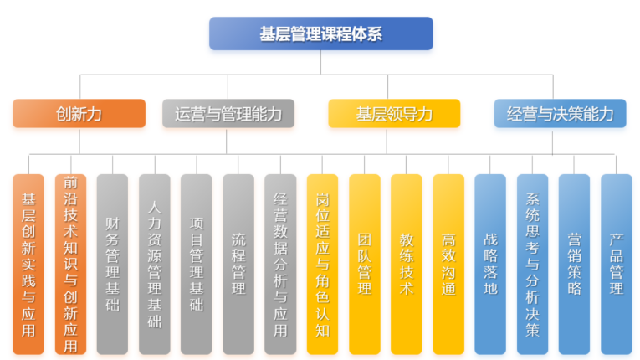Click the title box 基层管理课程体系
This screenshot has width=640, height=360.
(x=320, y=33)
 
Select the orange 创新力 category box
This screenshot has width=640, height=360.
(x=79, y=114)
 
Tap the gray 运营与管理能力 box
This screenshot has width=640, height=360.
(x=228, y=114)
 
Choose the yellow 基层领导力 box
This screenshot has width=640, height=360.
(x=394, y=114)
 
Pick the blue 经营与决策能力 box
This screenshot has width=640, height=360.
(x=560, y=114)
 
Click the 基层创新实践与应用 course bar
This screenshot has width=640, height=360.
(x=28, y=265)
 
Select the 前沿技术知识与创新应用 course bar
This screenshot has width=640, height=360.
(x=70, y=265)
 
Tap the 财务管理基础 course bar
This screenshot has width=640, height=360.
(x=112, y=265)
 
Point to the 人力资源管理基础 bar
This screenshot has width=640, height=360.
(x=154, y=265)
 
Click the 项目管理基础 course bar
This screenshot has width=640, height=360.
(x=197, y=265)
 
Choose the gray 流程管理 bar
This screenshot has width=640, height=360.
(x=238, y=265)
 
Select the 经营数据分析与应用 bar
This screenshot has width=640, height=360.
(x=280, y=265)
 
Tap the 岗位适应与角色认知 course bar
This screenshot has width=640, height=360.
(x=322, y=265)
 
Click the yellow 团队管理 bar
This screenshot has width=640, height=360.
(x=365, y=265)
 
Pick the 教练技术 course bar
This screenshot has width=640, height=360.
(x=406, y=265)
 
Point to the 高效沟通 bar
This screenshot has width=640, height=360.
(x=448, y=265)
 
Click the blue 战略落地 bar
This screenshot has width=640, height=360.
(x=490, y=265)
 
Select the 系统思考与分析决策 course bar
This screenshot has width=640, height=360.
(x=532, y=265)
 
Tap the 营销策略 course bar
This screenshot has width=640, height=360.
(x=574, y=265)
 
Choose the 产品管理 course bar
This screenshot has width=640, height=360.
(x=617, y=265)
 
